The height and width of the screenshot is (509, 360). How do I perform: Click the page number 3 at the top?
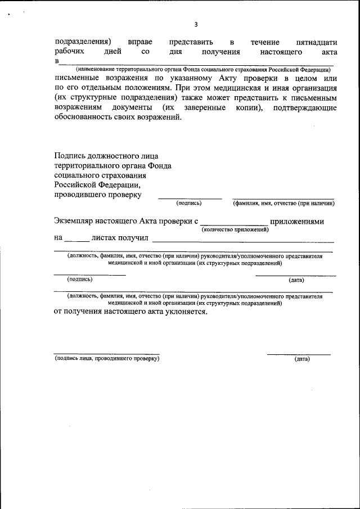(x=196, y=24)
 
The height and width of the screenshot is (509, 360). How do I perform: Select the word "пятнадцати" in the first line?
(x=316, y=42)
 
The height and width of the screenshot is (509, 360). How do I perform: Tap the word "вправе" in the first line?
(x=139, y=42)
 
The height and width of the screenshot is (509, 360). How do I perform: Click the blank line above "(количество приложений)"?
(x=234, y=223)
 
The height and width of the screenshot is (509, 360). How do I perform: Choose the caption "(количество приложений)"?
(x=235, y=229)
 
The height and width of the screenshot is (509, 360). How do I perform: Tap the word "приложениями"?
(x=296, y=222)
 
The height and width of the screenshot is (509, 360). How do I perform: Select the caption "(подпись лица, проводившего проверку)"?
(x=107, y=358)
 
